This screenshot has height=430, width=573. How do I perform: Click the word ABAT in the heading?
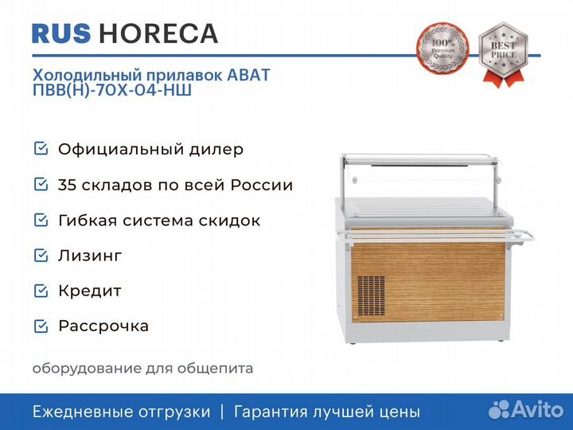click(249, 75)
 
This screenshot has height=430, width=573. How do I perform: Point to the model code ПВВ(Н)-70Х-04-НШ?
click(112, 90)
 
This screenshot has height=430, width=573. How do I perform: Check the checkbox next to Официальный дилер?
click(40, 149)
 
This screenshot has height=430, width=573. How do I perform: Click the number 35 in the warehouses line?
click(67, 185)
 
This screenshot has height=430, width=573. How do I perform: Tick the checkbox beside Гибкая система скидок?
click(40, 220)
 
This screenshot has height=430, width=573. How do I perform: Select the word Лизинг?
click(90, 256)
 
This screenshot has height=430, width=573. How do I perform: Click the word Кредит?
click(90, 291)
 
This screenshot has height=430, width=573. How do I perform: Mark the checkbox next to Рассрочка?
click(40, 326)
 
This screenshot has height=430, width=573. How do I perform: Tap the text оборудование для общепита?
click(142, 368)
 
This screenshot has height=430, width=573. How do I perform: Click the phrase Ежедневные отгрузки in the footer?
click(122, 412)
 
